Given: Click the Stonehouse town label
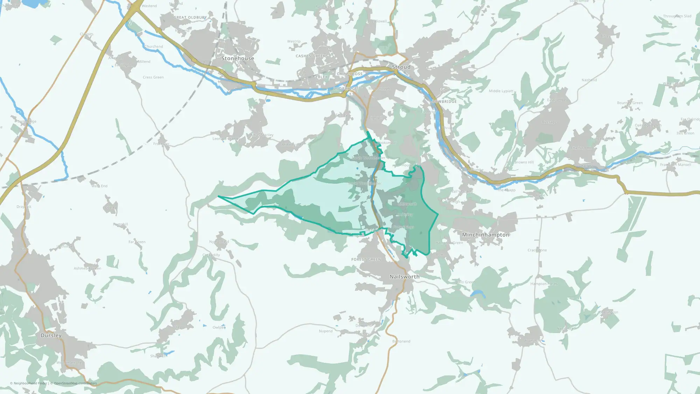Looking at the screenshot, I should point(238,58).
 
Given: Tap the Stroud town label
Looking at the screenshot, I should point(401,67).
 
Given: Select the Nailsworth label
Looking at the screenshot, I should point(404,277).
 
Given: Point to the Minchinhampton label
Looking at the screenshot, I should point(485,235).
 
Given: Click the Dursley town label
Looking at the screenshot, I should point(51,336).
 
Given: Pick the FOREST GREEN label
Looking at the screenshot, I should point(366,260).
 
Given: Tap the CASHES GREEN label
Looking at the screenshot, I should point(311,56).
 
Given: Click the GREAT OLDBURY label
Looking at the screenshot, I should point(190,18).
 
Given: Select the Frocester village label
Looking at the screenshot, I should point(161,144).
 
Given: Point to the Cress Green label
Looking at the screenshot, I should point(153,77).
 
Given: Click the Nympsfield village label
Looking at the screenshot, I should point(219,242).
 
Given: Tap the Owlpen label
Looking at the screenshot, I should point(219,327).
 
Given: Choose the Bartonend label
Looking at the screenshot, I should point(401,341).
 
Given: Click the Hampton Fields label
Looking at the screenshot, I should point(544,284).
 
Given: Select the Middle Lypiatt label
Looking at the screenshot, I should point(501,91).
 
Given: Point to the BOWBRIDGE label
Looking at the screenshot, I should point(444,102).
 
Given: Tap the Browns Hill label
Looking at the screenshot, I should point(524,162).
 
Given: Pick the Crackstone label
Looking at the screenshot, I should point(537,250).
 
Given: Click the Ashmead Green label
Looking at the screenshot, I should point(87,269).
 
